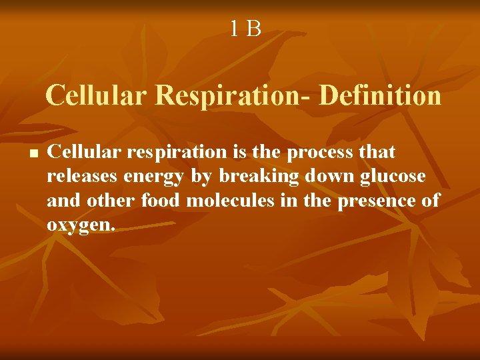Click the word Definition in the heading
pyautogui.click(x=380, y=95)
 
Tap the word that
pyautogui.click(x=377, y=152)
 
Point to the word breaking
pyautogui.click(x=244, y=176)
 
